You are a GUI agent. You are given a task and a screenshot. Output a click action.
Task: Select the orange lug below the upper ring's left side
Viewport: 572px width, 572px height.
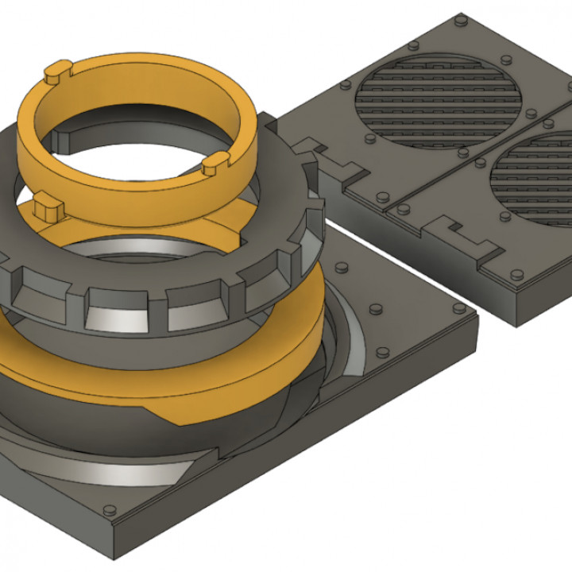[x=48, y=210]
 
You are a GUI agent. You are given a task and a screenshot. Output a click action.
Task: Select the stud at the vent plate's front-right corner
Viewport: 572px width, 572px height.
[x=516, y=274]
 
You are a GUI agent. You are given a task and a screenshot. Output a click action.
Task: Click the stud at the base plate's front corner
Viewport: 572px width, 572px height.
[x=110, y=508]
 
